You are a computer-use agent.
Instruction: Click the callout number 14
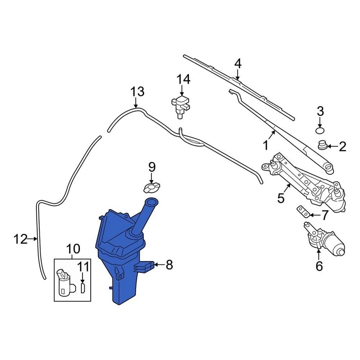pos(183,79)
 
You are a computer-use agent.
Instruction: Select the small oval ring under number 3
pos(320,130)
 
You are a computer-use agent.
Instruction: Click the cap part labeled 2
pos(322,145)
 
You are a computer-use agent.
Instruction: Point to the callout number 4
pos(238,63)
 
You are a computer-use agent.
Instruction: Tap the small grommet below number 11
pos(83,289)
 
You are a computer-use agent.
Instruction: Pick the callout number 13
pos(137,91)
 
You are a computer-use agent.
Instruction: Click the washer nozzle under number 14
pos(180,106)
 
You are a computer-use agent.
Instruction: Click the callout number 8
pos(169,265)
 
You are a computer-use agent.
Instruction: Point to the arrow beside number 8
pos(159,265)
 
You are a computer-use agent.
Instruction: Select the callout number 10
pos(73,248)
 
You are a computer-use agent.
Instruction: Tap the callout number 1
pos(266,145)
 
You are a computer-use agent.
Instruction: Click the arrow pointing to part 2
pos(331,146)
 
